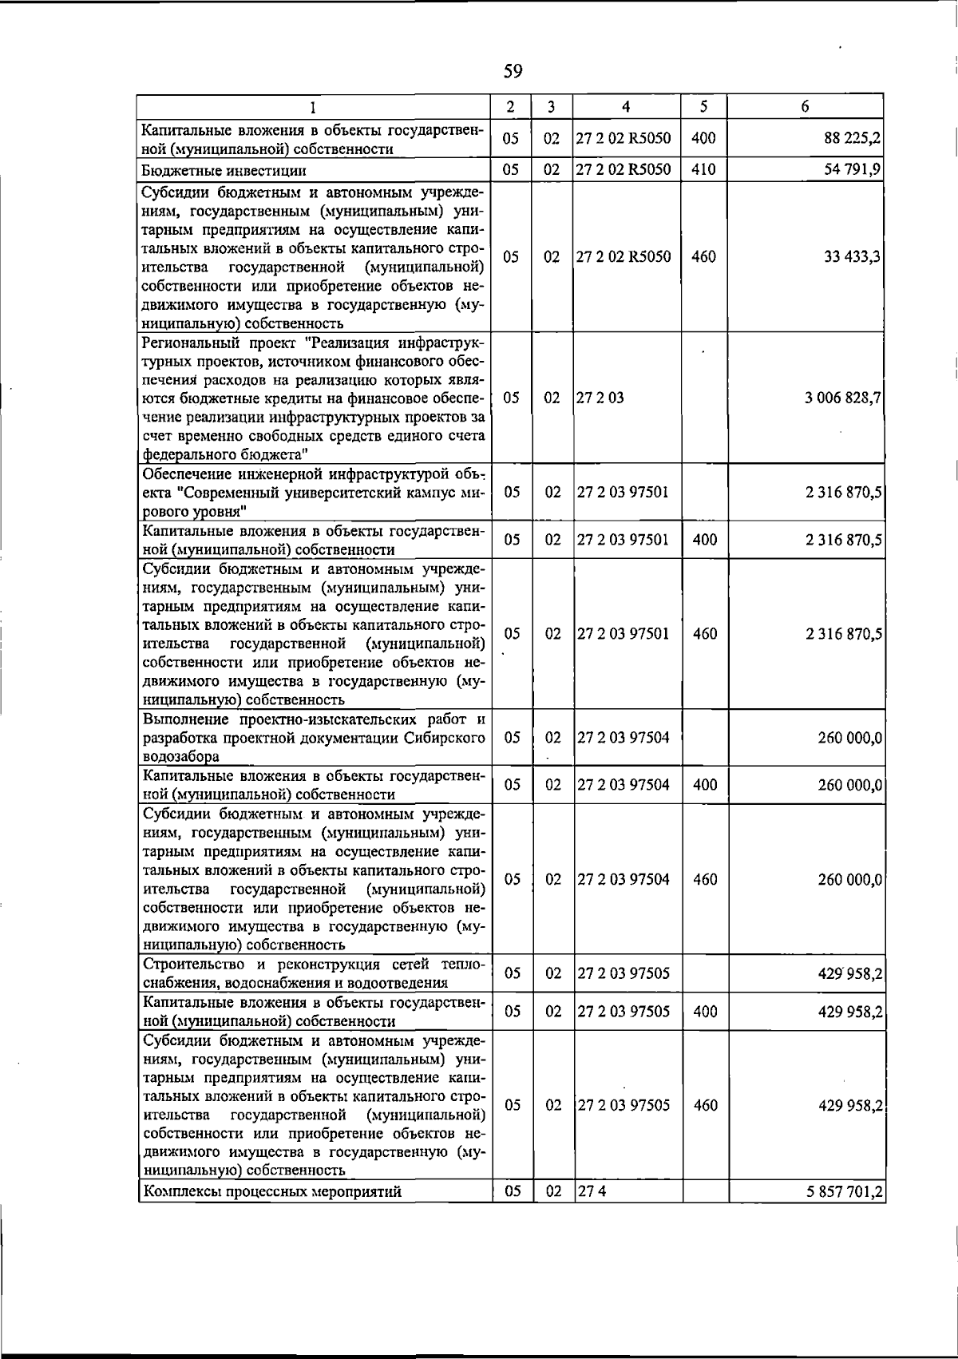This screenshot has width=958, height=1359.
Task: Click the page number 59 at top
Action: point(513,72)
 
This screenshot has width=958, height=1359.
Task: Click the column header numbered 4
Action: point(626,106)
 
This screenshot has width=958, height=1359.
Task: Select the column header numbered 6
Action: point(806,106)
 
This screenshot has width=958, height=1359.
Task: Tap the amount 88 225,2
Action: point(853,139)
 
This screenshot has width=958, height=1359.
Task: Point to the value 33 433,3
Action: point(853,257)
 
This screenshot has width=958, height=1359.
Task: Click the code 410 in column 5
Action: point(703,170)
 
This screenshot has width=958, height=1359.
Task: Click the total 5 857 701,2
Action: point(844,1192)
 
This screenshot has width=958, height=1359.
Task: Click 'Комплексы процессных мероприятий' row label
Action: point(271,1192)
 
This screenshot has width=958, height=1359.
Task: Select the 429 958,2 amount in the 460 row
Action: point(850,1106)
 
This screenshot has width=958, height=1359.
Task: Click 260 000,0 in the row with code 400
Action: point(850,785)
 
